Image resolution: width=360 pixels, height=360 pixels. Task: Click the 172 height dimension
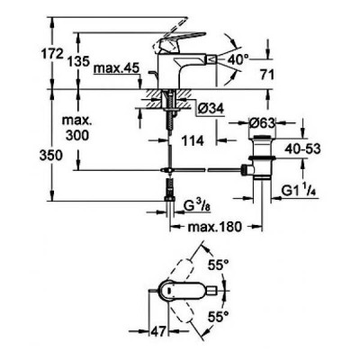51,54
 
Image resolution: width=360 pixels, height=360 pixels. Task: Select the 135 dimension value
78,61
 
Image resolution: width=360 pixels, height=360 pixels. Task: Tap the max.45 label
116,68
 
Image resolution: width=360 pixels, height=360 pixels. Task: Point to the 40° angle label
238,59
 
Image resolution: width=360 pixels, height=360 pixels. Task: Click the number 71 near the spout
267,75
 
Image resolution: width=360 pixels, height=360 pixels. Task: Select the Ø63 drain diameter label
262,123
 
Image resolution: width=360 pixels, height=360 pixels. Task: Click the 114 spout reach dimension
193,140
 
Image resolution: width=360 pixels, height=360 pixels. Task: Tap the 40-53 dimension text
302,148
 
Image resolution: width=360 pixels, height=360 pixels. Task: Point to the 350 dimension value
51,156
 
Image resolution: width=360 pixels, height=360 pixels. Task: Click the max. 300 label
77,128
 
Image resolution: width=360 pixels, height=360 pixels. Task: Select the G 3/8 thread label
195,206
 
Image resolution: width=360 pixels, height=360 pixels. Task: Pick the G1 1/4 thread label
299,191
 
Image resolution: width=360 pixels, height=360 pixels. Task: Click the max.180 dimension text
214,227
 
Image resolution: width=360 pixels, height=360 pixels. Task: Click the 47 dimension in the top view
158,332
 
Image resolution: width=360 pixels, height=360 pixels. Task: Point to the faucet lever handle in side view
180,41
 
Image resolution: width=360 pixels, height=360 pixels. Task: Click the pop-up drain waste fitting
262,157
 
